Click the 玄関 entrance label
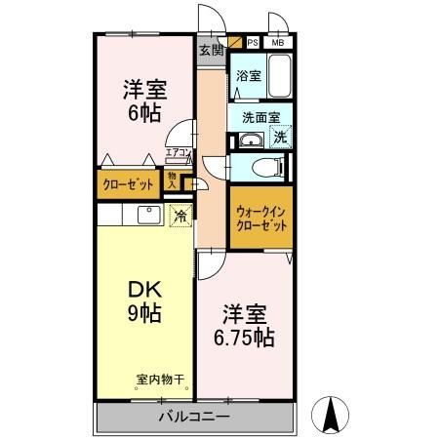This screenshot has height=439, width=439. point(211,50)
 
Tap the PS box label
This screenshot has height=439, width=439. point(253,43)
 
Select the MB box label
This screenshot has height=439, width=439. point(278,43)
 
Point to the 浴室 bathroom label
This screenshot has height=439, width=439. point(248,75)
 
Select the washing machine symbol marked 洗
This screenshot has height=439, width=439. point(280,138)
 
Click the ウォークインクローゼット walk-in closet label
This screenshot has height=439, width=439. point(261,218)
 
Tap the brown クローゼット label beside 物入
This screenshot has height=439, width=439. point(129,182)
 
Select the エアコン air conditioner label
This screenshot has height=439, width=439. point(178,153)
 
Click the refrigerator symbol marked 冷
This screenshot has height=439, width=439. point(180,217)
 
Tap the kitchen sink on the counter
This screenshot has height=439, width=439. point(149,215)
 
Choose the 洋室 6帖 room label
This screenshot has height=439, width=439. point(143,100)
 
